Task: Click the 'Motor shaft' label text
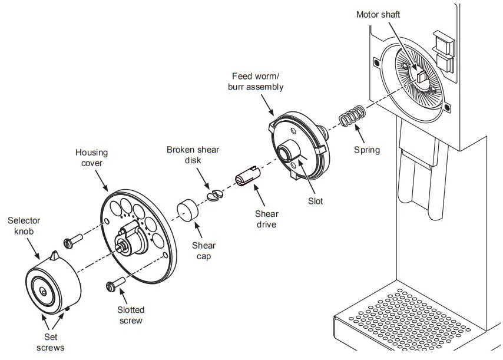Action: pos(378,14)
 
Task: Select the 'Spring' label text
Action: pos(367,150)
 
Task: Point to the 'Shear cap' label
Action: pos(204,251)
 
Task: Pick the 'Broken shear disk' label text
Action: pos(193,155)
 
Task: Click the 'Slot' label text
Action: pos(315,201)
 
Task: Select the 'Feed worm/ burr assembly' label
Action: pos(257,81)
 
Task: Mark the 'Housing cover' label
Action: pos(91,158)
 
